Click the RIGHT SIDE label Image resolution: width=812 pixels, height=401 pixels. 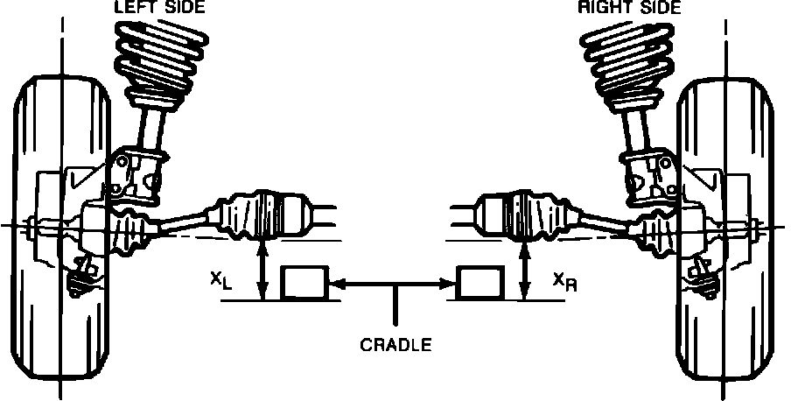point(629,8)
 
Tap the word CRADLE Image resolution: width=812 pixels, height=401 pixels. point(396,344)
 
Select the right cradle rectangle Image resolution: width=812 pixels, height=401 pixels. point(480,284)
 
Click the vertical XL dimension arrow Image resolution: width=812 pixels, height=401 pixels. point(261,271)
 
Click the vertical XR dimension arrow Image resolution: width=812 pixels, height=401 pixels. point(524,271)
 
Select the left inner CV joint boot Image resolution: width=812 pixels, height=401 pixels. point(258,215)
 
